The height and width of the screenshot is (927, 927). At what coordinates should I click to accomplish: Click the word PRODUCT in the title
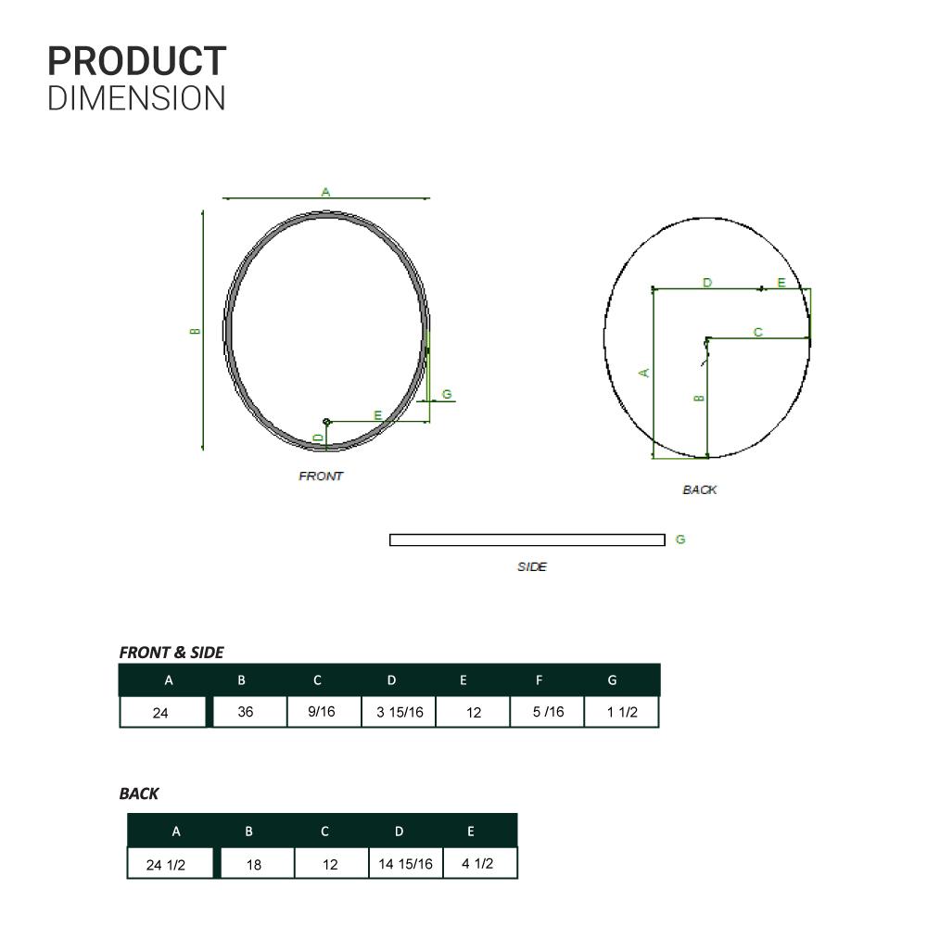[136, 61]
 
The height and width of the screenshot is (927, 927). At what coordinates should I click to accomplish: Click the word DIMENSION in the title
[136, 98]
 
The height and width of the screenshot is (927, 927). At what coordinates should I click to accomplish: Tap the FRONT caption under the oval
[321, 476]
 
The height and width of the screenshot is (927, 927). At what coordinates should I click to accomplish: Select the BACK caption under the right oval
[699, 489]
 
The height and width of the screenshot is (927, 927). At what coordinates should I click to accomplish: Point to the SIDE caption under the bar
[532, 566]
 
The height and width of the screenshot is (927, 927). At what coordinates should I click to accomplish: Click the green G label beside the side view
[680, 540]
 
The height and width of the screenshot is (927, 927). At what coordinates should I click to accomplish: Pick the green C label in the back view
[758, 332]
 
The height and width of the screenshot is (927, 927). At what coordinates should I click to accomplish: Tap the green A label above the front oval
[325, 192]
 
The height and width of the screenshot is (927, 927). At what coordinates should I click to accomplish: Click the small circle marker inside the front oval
[326, 422]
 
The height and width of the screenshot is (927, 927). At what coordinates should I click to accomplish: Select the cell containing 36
[249, 711]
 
